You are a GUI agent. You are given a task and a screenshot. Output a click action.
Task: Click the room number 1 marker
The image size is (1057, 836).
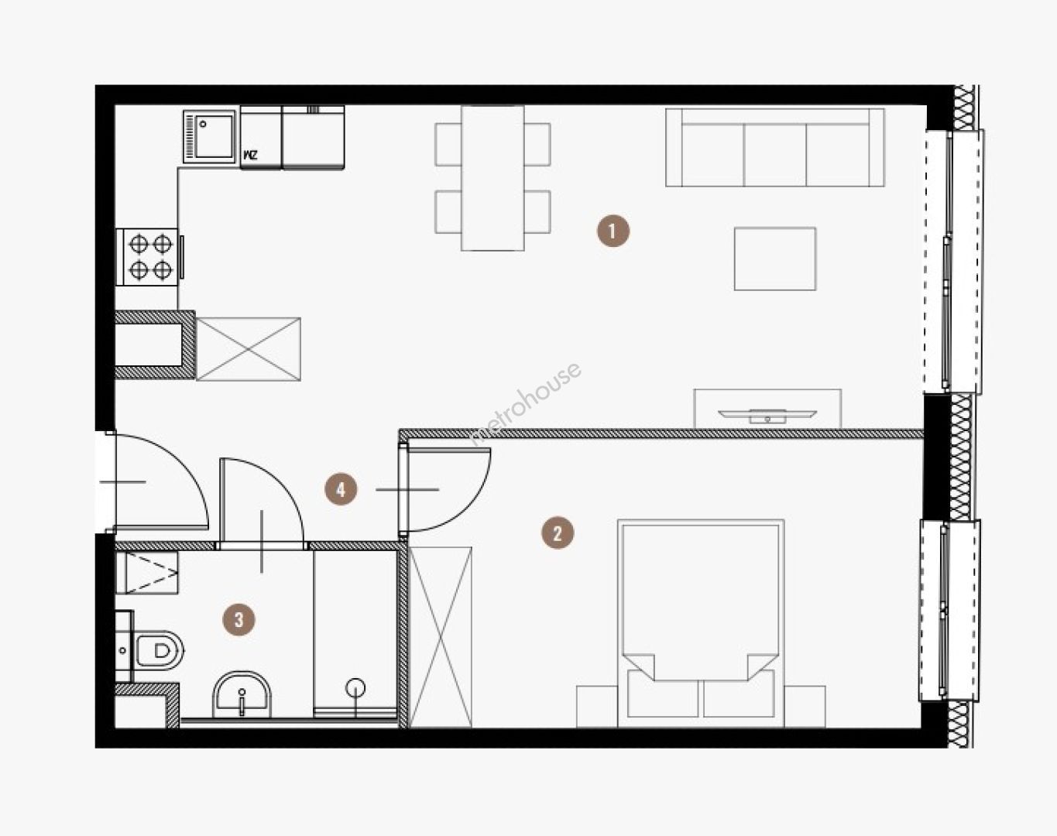coord(613,231)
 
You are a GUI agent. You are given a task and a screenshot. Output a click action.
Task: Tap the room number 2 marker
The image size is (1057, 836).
coord(557,533)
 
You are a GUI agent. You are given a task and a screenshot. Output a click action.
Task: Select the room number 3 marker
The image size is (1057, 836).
coord(239,619)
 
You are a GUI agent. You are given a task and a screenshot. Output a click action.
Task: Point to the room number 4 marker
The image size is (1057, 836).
coord(341,489)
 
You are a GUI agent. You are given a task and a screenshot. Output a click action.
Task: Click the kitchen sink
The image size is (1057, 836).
coord(209,136)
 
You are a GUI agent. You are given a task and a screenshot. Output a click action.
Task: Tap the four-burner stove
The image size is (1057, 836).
coord(147,257)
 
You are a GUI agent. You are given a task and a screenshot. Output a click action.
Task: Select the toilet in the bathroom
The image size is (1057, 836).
coord(158,651)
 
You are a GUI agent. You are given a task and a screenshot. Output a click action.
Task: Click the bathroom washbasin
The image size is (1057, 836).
coord(242,694)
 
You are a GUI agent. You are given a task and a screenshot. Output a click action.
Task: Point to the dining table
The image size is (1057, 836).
coord(492,178)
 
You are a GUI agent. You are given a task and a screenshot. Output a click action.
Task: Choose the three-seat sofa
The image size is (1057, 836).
coord(775,147)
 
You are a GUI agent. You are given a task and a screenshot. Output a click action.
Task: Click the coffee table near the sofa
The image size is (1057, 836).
coord(775,259)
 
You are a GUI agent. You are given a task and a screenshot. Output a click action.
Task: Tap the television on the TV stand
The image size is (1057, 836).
coord(767,416)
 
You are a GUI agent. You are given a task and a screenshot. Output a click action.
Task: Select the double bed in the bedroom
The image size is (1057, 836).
coord(701,623)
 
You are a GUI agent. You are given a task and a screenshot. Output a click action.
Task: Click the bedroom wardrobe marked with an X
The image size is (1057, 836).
coord(440,637)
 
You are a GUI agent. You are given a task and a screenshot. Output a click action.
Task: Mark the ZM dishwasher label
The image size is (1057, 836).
coord(250,156)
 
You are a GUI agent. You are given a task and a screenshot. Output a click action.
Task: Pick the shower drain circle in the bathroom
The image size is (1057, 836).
coord(355,688)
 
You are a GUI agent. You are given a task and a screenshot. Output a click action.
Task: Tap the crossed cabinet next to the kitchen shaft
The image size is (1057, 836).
coord(249,349)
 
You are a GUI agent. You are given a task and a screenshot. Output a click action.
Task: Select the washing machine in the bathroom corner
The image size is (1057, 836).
coord(147,572)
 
